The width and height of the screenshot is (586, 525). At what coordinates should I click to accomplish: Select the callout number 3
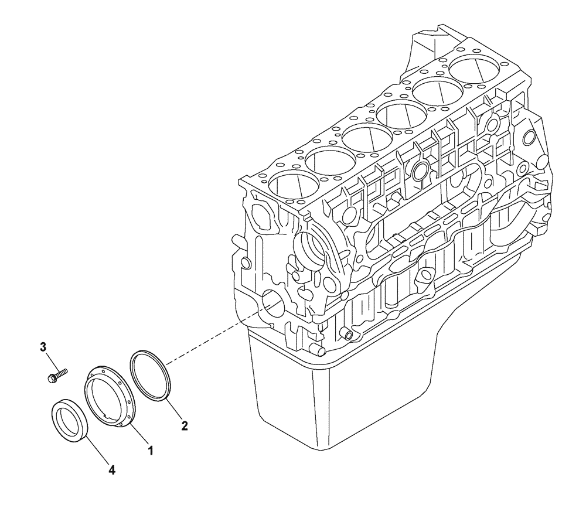(43, 347)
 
